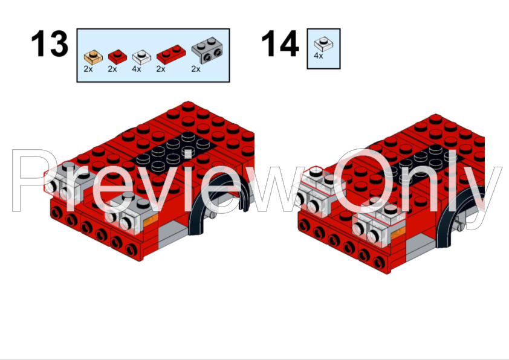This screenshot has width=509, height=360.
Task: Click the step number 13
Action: (x=50, y=45)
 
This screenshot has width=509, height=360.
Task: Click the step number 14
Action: (x=280, y=45)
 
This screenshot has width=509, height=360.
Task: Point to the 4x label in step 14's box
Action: (x=319, y=55)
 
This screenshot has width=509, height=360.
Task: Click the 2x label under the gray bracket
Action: (x=195, y=69)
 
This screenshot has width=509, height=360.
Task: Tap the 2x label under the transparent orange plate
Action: (x=88, y=69)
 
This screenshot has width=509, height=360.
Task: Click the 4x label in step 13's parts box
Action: (x=136, y=69)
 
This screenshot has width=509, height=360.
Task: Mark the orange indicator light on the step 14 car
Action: (x=398, y=233)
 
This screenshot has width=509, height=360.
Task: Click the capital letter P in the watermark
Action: (x=36, y=181)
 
